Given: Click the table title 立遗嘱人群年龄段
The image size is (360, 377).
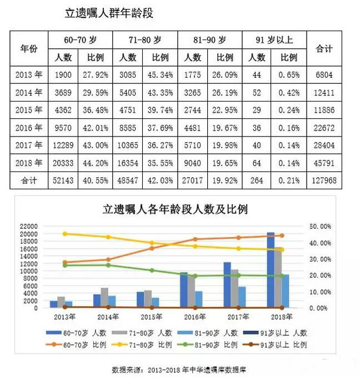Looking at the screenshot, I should click(x=109, y=12).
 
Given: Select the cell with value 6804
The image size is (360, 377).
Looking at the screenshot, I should click(x=324, y=74).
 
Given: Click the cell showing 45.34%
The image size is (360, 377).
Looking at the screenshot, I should click(x=161, y=74).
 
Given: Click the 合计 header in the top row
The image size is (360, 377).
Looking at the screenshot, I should click(x=324, y=48).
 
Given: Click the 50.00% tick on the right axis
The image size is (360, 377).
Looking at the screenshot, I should click(x=318, y=227).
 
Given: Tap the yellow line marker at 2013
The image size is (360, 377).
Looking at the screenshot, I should click(x=65, y=234).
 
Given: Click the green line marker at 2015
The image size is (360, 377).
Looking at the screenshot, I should click(x=152, y=270).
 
